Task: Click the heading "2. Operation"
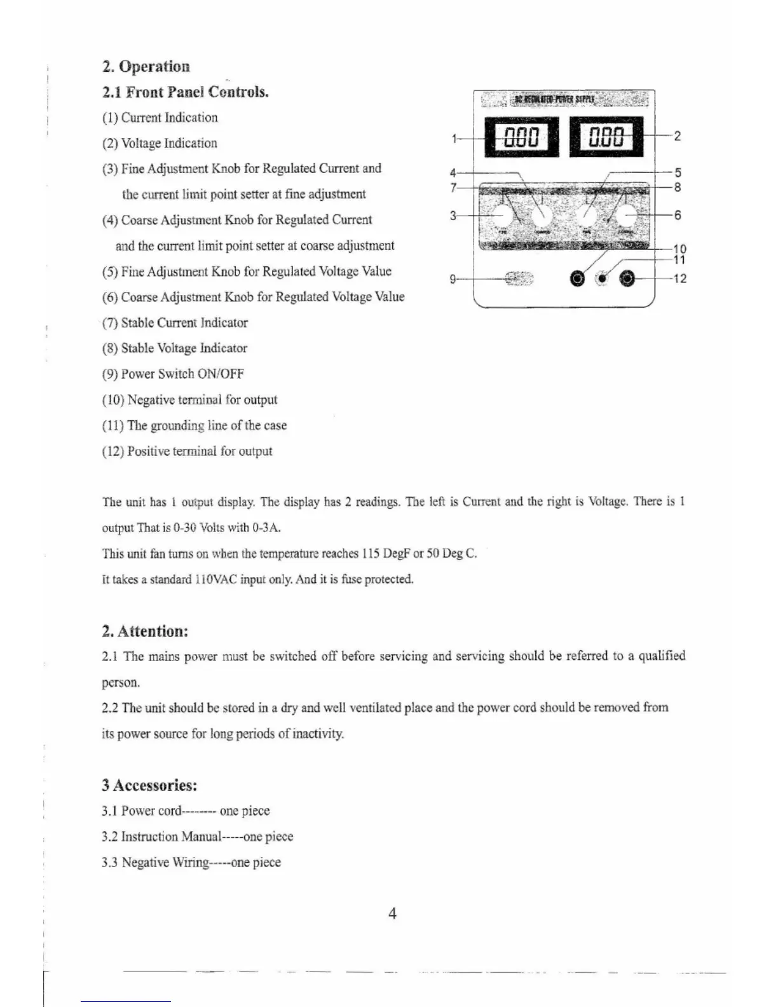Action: click(146, 67)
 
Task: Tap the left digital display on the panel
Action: click(521, 137)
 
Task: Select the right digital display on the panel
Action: click(606, 137)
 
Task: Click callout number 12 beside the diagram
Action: click(679, 278)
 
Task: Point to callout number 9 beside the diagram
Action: click(453, 278)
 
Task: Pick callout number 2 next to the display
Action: click(678, 135)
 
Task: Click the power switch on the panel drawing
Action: click(519, 278)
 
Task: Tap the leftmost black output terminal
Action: click(577, 278)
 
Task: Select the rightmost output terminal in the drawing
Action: click(627, 278)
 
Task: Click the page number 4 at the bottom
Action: click(392, 914)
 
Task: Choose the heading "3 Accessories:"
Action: click(149, 785)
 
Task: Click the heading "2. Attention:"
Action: click(145, 631)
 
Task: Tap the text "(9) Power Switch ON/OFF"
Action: click(173, 374)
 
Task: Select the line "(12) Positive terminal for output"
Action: click(187, 451)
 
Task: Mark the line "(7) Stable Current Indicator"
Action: click(175, 323)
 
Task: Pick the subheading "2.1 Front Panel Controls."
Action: click(185, 92)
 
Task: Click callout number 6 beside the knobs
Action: click(678, 215)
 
